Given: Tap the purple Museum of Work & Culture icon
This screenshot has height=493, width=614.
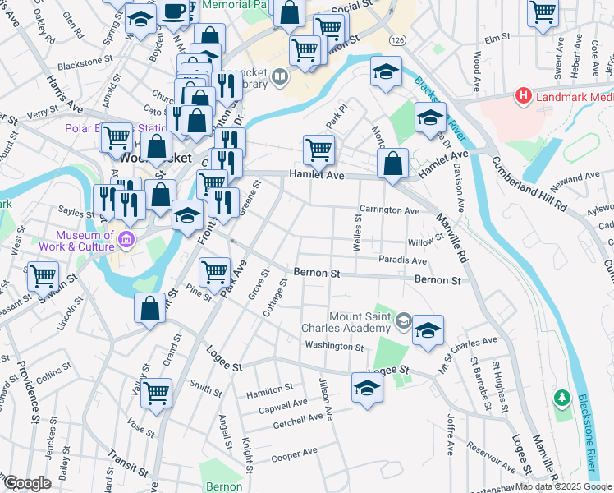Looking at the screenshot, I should point(126,240).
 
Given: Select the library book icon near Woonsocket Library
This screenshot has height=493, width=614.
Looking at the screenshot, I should point(281,78).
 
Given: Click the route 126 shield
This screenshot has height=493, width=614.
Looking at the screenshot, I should point(398,40).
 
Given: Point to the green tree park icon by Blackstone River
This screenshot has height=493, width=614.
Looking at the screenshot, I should point(561,398).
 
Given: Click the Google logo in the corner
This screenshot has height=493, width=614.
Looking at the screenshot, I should point(27,483).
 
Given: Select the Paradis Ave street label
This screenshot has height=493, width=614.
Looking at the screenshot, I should point(402,260).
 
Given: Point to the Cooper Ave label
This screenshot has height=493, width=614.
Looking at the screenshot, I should point(294,453).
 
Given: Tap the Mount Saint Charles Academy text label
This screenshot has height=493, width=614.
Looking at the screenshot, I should point(361,322).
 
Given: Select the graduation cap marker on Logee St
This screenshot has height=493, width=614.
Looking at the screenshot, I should point(367,386).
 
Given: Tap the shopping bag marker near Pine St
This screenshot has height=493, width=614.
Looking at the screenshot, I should point(150,309).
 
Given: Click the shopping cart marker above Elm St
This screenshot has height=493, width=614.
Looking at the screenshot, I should point(543,12).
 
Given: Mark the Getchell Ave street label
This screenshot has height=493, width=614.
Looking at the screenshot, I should point(298,421).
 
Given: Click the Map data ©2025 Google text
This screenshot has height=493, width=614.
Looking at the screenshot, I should point(563,486).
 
